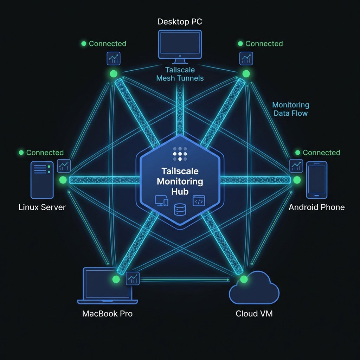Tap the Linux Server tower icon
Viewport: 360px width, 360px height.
coord(42,180)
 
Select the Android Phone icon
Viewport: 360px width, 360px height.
coord(316,180)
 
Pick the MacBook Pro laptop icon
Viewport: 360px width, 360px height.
coord(107,285)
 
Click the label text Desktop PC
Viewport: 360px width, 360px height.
coord(180,22)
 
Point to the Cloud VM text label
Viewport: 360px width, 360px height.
coord(254,314)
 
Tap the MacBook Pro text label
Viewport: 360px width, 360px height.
coord(107,314)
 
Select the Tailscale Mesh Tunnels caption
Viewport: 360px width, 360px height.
coord(180,74)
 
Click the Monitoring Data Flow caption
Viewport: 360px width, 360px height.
coord(291,109)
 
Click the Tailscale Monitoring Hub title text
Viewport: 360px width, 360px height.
coord(180,181)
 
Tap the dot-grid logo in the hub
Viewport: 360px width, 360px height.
coord(180,154)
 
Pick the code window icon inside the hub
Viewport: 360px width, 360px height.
coord(199,201)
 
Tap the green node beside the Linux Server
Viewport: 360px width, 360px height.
coord(63,180)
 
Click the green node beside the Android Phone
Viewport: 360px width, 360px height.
coord(297,180)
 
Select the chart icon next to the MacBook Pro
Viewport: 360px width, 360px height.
coord(133,279)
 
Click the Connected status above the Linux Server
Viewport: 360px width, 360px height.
coord(41,153)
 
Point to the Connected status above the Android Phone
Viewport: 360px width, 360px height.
coord(318,153)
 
